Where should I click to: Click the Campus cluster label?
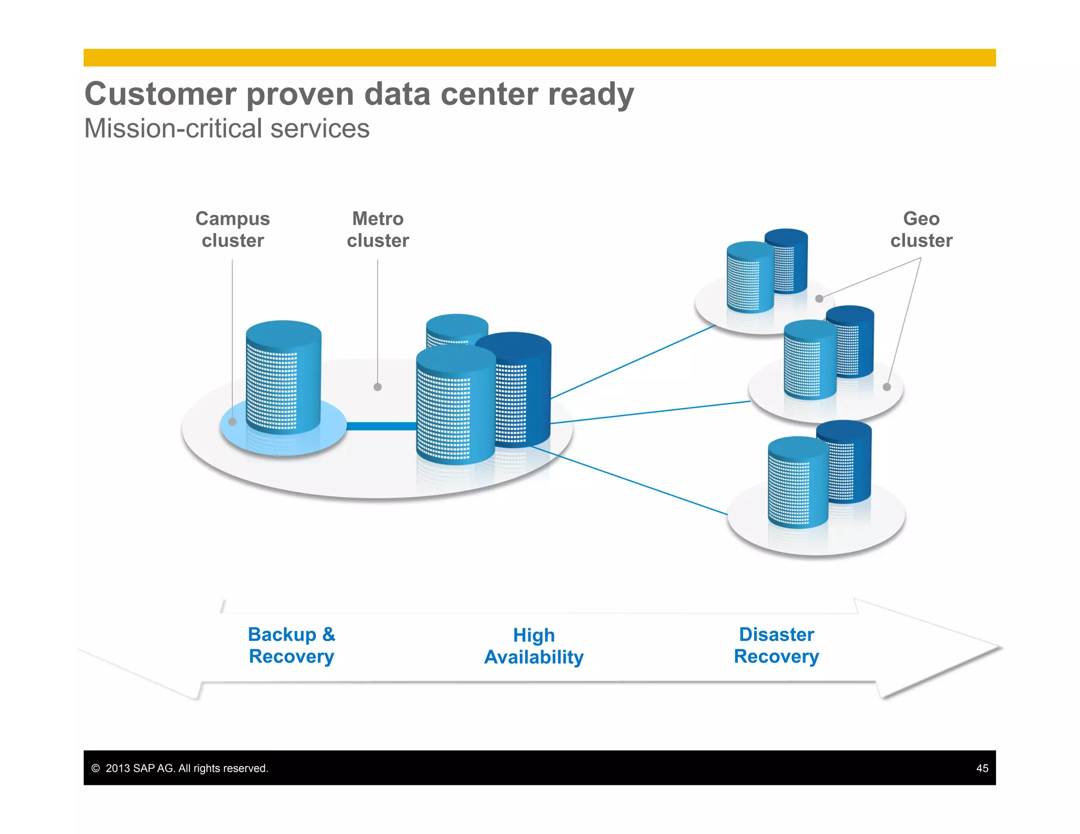click(x=233, y=229)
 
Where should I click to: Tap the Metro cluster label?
click(x=378, y=229)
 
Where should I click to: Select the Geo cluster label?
click(x=921, y=229)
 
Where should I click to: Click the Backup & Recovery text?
click(x=292, y=645)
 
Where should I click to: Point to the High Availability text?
click(x=534, y=646)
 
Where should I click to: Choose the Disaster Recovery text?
click(x=776, y=645)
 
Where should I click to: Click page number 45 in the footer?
click(x=982, y=768)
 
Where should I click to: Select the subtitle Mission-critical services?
click(x=227, y=129)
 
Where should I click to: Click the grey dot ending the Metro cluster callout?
click(x=378, y=387)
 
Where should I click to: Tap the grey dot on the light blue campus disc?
click(x=232, y=422)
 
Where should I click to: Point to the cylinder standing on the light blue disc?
click(x=284, y=377)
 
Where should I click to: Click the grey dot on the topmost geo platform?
click(x=819, y=298)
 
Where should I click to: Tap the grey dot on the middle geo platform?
click(x=887, y=387)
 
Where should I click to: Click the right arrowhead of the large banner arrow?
click(x=939, y=648)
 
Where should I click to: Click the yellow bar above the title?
click(x=539, y=57)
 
